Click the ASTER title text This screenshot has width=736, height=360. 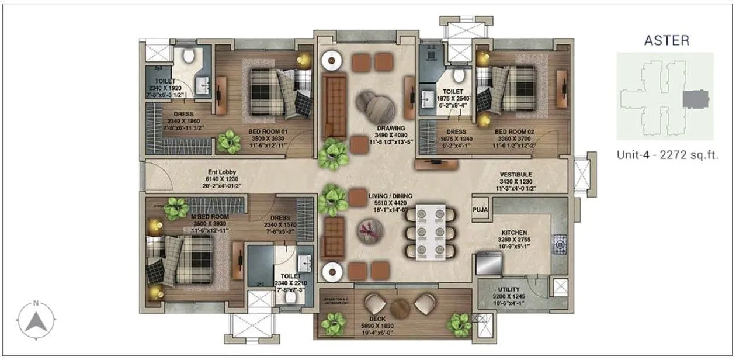coord(666,40)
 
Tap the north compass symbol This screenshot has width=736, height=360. coord(36,319)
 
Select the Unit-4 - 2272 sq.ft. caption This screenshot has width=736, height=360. coord(667,155)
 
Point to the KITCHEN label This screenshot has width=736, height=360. coord(513,232)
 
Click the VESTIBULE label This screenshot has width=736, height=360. coord(515,175)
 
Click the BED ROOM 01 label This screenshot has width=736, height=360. coord(268,131)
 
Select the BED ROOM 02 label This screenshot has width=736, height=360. coord(512,131)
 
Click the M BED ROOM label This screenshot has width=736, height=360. coord(210,216)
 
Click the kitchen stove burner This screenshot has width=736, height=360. coord(560,241)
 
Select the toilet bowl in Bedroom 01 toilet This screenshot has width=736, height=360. coord(188,56)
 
